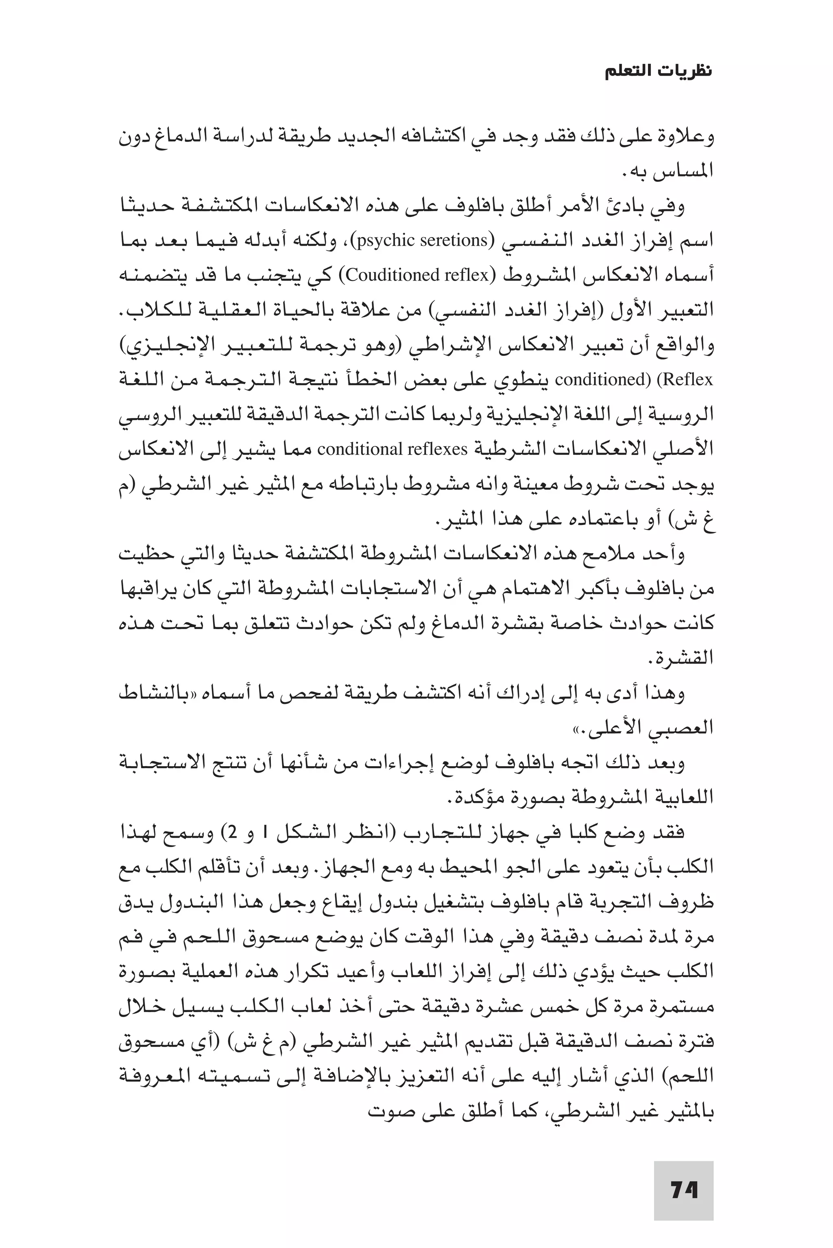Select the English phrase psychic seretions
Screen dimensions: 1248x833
coord(422,241)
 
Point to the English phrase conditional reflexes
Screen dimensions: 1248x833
coord(392,449)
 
